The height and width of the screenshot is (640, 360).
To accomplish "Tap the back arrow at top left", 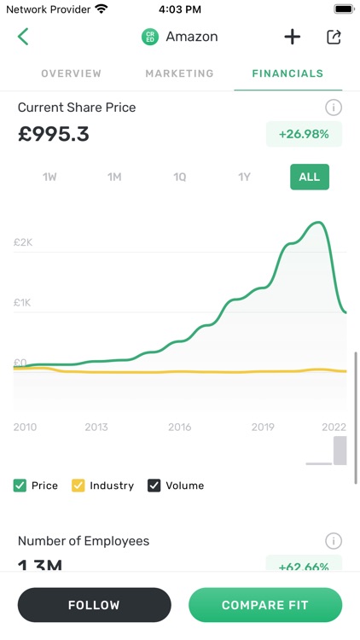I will pyautogui.click(x=23, y=37).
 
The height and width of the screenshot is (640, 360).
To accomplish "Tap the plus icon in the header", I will pyautogui.click(x=292, y=37).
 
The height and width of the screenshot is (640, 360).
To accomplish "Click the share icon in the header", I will pyautogui.click(x=334, y=37).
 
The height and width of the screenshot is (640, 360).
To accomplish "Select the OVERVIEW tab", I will pyautogui.click(x=71, y=73).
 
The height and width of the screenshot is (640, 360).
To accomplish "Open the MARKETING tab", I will pyautogui.click(x=179, y=73).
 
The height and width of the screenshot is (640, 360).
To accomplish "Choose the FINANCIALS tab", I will pyautogui.click(x=287, y=73).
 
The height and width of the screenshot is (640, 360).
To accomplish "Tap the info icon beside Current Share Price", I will pyautogui.click(x=334, y=108).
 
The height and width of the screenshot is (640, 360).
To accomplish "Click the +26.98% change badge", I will pyautogui.click(x=304, y=134).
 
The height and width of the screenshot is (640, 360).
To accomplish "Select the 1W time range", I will pyautogui.click(x=49, y=177).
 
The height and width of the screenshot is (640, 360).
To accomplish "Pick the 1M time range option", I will pyautogui.click(x=114, y=177).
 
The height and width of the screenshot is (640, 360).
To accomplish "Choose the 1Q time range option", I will pyautogui.click(x=179, y=177).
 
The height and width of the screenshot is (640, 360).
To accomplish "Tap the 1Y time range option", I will pyautogui.click(x=244, y=177).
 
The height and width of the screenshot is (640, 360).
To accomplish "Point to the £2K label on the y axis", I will pyautogui.click(x=23, y=242).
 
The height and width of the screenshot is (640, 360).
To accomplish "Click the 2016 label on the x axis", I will pyautogui.click(x=179, y=427).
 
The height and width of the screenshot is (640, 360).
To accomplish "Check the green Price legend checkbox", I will pyautogui.click(x=20, y=486).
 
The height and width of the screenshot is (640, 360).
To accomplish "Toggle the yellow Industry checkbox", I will pyautogui.click(x=78, y=486).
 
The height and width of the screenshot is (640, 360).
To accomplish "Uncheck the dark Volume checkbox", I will pyautogui.click(x=154, y=486).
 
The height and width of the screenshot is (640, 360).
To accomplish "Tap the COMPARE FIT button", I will pyautogui.click(x=264, y=605).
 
